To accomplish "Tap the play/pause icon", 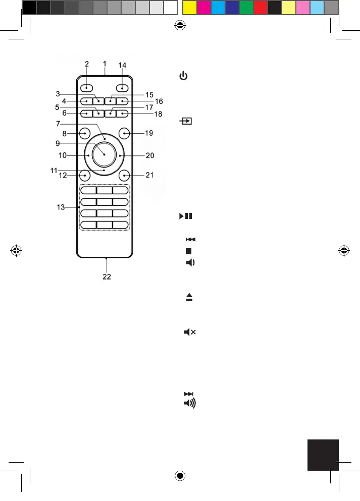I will [x=184, y=216].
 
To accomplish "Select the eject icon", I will [x=189, y=299].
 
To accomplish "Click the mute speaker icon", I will [x=190, y=332].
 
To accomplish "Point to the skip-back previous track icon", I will [x=190, y=239].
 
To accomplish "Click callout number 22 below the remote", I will [x=107, y=276].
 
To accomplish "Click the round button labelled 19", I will [x=124, y=134].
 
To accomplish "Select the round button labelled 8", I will [x=85, y=133].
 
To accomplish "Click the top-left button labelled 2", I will [x=87, y=86].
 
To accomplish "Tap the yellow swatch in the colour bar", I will [x=189, y=8].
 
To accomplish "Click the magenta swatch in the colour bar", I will [x=203, y=8].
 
